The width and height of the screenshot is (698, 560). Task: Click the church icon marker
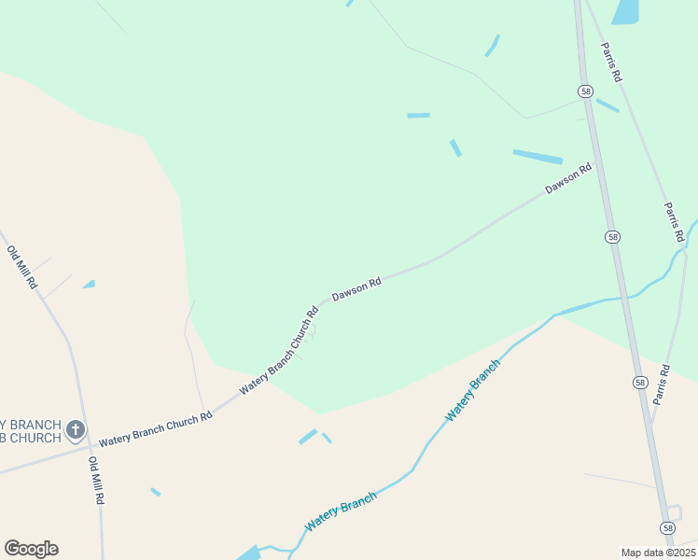pyautogui.click(x=75, y=431)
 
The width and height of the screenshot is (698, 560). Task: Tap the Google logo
pyautogui.click(x=31, y=549)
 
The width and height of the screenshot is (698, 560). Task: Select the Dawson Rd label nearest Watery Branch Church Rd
pyautogui.click(x=357, y=288)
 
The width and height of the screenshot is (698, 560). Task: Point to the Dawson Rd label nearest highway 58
pyautogui.click(x=568, y=179)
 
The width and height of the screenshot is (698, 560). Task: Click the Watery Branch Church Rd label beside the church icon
pyautogui.click(x=156, y=427)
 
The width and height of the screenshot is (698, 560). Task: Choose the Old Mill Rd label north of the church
pyautogui.click(x=21, y=267)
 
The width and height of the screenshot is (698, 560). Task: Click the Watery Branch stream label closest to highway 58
pyautogui.click(x=472, y=390)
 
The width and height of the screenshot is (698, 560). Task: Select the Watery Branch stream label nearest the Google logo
pyautogui.click(x=340, y=511)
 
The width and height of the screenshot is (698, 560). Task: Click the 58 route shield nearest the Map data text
pyautogui.click(x=667, y=528)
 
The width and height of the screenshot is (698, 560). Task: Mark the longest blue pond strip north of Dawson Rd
pyautogui.click(x=537, y=157)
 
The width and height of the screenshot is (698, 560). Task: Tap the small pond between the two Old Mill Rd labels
pyautogui.click(x=89, y=284)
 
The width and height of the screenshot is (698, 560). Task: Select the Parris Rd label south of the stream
pyautogui.click(x=663, y=384)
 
